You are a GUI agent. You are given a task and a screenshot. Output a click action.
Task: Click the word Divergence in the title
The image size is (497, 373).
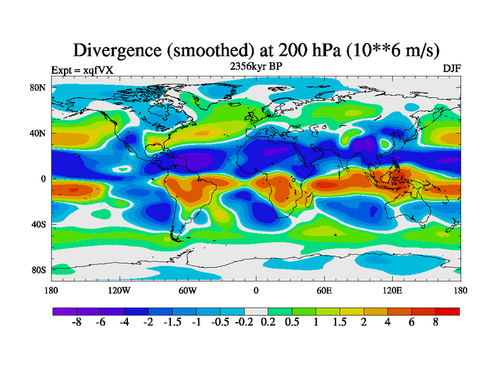[117, 49]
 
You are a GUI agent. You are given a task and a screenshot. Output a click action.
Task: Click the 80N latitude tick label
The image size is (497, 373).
[39, 88]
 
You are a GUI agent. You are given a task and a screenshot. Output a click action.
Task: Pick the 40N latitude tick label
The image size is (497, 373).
[39, 133]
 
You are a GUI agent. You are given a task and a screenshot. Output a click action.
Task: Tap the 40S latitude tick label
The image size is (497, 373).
[39, 224]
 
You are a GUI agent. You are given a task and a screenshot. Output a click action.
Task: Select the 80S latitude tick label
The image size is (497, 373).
[39, 270]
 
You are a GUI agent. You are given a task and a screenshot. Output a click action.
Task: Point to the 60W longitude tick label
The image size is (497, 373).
[188, 290]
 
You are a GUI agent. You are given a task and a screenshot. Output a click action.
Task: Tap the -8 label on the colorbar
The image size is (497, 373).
[76, 323]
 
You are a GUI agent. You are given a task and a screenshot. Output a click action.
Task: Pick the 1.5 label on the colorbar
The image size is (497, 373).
[340, 323]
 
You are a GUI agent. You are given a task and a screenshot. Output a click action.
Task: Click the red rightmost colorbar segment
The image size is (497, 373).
[447, 311]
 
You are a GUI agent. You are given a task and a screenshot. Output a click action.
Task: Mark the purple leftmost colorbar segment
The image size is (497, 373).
[65, 311]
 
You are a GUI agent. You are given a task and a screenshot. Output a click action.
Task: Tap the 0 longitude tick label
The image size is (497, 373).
[256, 290]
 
